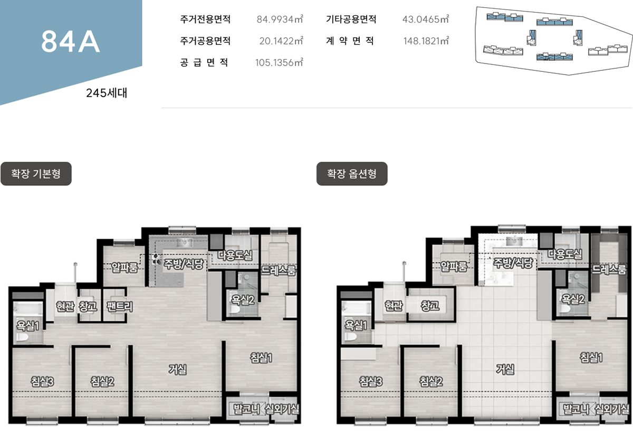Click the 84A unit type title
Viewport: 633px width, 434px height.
(x=71, y=42)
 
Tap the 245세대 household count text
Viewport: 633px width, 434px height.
(x=107, y=93)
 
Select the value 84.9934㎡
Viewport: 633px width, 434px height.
(x=280, y=19)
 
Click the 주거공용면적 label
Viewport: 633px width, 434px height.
(x=205, y=41)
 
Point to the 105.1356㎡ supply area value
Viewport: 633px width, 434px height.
(x=279, y=62)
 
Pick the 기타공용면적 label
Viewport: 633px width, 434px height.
(x=351, y=19)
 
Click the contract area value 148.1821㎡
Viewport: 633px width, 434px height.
(x=426, y=41)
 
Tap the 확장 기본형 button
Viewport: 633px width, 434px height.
(x=36, y=174)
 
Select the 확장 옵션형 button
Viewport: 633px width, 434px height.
(x=352, y=174)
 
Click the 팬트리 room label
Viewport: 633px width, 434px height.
(x=120, y=306)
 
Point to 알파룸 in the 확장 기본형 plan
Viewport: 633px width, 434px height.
(x=124, y=267)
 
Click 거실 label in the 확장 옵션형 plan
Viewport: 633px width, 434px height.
(x=505, y=369)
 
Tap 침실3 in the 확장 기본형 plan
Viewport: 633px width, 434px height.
(x=42, y=382)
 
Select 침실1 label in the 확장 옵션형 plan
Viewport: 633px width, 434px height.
(x=591, y=357)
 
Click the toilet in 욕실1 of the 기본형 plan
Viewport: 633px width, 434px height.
(x=22, y=337)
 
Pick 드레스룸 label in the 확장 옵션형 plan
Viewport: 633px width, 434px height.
(x=609, y=269)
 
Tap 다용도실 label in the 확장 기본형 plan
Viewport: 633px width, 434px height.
(x=235, y=255)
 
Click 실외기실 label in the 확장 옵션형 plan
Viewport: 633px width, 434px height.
(x=612, y=409)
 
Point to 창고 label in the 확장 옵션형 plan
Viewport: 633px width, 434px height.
(x=430, y=306)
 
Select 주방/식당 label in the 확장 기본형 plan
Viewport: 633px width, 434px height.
(x=184, y=263)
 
